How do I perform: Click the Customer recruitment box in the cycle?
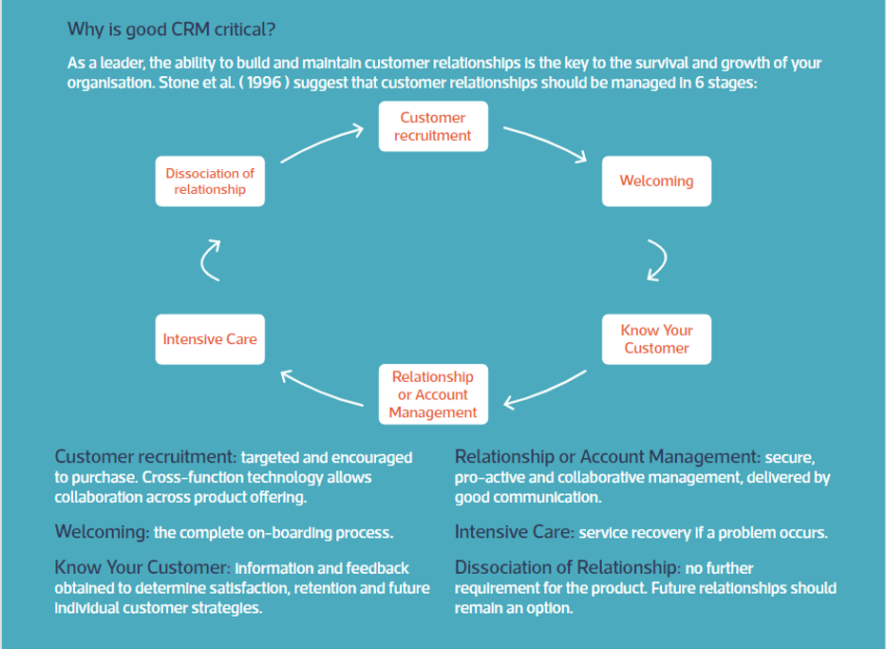pos(433,126)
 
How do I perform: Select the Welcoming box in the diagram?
pos(656,181)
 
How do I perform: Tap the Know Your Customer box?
pos(656,339)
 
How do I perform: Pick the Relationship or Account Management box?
pos(433,394)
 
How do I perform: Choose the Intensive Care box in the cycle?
pos(210,339)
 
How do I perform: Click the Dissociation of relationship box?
pos(210,181)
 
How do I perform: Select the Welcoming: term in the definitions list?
pos(103,532)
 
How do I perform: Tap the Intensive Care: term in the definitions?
pos(515,532)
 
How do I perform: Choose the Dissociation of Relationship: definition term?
pos(568,567)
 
